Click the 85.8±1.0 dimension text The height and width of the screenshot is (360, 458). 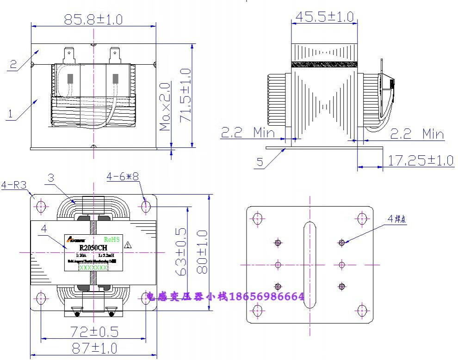click(93, 19)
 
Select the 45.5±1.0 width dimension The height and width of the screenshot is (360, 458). click(324, 17)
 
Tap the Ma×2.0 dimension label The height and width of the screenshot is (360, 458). click(165, 107)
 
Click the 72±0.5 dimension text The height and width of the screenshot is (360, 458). click(94, 331)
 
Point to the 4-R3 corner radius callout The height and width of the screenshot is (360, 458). click(13, 185)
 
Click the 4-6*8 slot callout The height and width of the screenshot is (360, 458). click(123, 177)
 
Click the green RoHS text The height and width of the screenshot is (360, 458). click(111, 239)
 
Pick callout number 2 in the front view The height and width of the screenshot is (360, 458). click(13, 64)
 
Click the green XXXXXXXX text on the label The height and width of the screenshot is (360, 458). click(93, 268)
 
